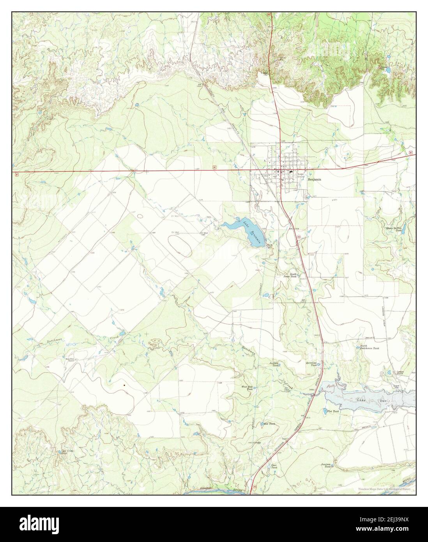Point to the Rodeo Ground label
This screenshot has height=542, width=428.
[301, 175]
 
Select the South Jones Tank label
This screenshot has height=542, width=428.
[292, 275]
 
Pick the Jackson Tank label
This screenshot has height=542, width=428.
[275, 364]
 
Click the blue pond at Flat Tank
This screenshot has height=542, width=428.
[324, 411]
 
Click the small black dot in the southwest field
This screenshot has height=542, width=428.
[124, 385]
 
